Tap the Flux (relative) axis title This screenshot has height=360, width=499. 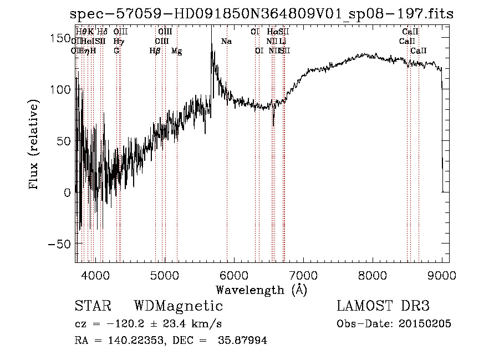(x=34, y=145)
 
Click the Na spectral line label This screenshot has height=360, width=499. (x=226, y=42)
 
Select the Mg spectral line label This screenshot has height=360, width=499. (x=176, y=51)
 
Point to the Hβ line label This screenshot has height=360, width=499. (x=155, y=51)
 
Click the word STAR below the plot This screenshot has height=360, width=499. (x=92, y=306)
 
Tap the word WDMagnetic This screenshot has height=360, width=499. (x=178, y=306)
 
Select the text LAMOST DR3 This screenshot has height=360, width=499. (x=383, y=306)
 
